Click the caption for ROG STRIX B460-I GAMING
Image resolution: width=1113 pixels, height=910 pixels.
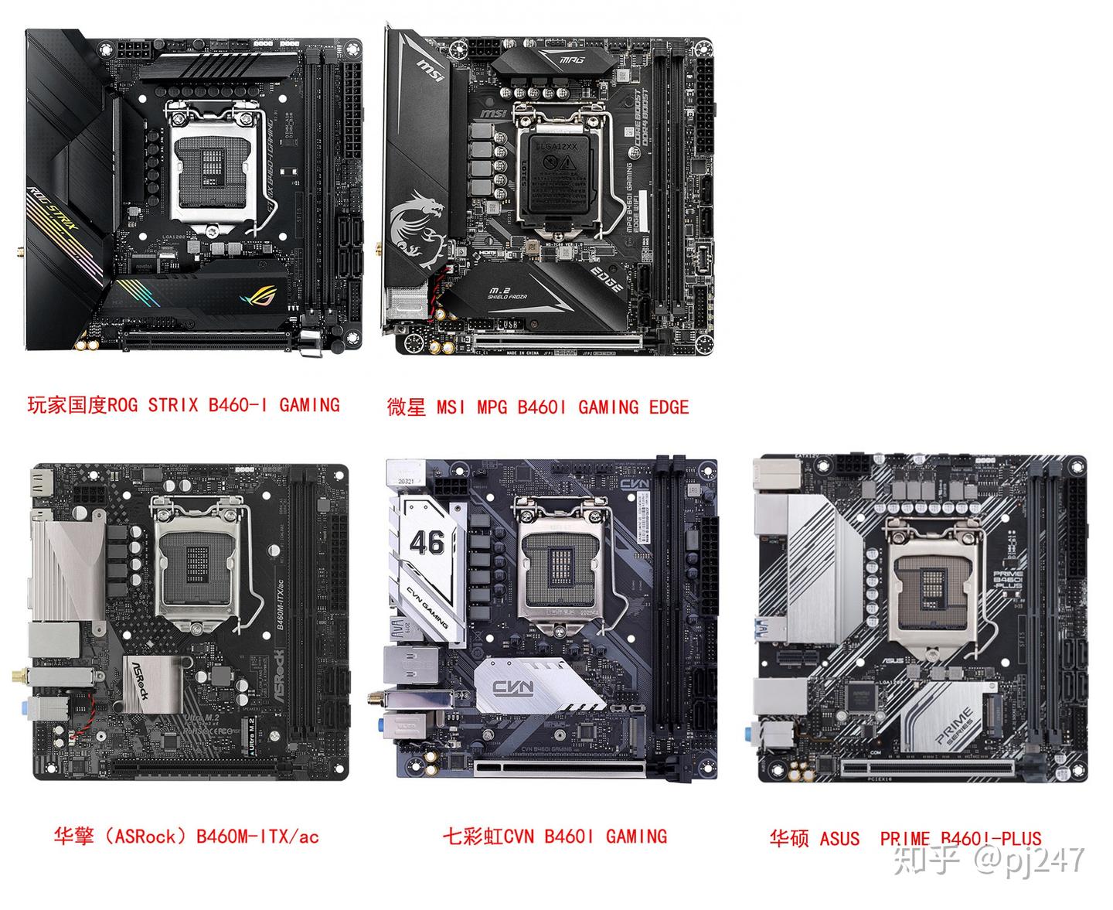coord(183,404)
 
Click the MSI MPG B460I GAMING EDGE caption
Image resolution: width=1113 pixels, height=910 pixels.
coord(537,407)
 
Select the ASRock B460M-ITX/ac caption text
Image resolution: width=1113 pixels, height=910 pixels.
coord(186,836)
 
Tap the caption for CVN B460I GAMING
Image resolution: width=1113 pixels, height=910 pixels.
coord(554,836)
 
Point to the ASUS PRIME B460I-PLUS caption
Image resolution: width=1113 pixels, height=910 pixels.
coord(905,838)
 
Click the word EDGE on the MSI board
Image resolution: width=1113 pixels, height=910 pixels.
coord(606,280)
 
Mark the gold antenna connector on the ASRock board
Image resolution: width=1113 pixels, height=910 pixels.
coord(17,678)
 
